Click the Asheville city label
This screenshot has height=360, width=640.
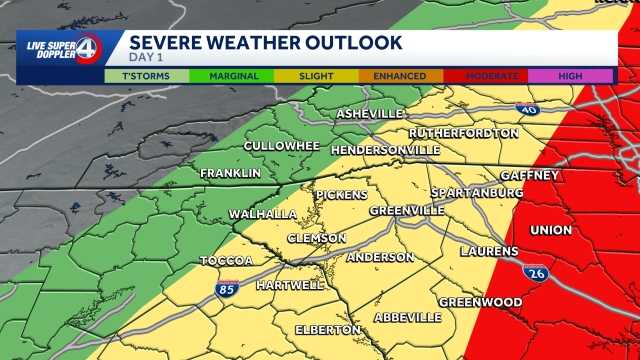370,114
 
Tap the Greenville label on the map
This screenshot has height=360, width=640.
407,211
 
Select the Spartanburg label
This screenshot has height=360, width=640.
476,192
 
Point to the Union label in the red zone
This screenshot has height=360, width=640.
551,230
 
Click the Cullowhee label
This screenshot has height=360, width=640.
282,146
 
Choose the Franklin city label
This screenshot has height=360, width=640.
230,174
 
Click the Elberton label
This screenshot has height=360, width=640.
328,330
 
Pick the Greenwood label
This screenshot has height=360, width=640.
480,302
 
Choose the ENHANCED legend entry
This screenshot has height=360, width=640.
400,76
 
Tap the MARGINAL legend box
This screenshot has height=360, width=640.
234,76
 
